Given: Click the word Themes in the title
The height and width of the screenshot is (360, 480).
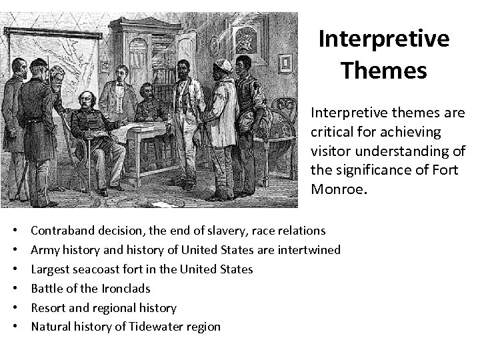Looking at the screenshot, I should (x=383, y=69).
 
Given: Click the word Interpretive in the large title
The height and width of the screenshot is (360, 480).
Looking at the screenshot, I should (x=384, y=39).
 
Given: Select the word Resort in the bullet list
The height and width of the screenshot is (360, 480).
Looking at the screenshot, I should (x=47, y=308).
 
